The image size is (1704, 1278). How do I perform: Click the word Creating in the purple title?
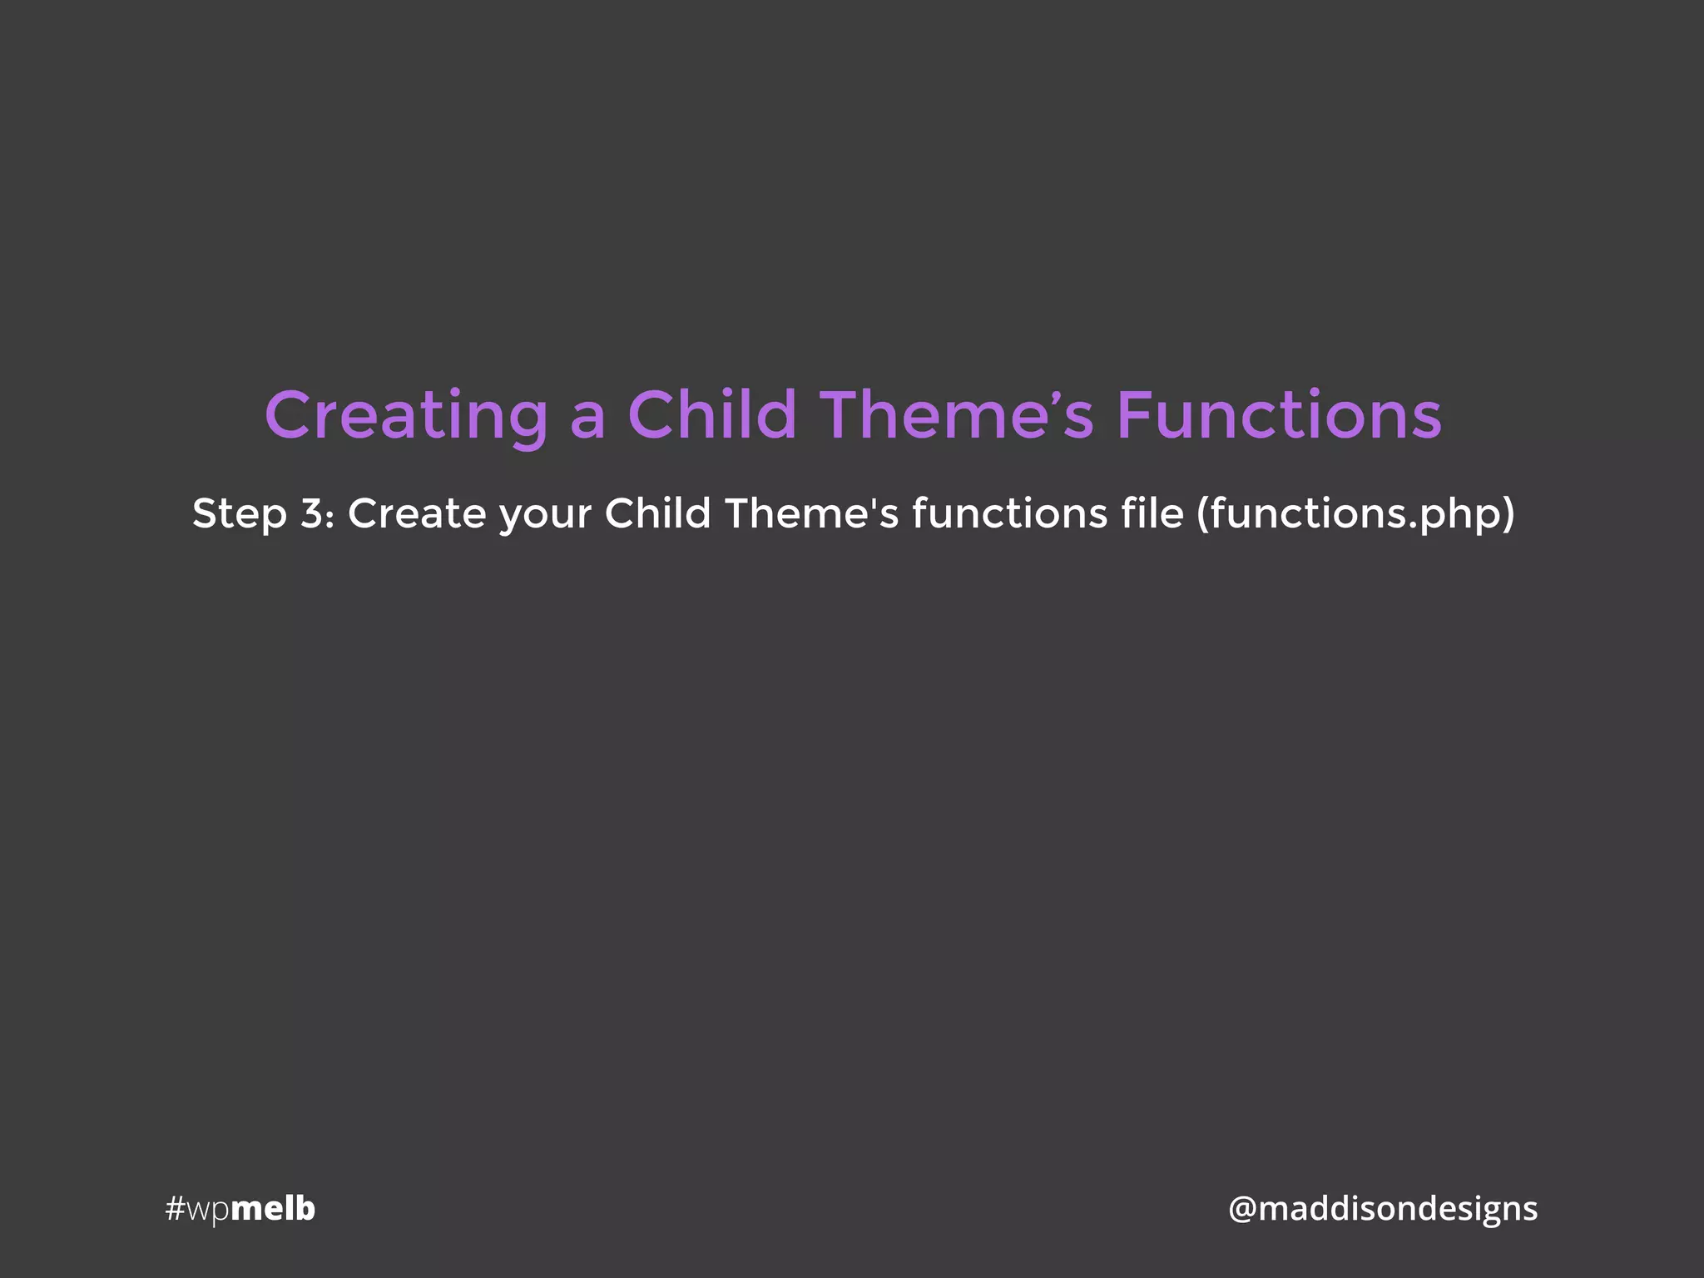406,416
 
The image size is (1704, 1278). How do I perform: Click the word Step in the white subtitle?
239,514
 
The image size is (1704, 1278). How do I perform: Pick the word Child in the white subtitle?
657,513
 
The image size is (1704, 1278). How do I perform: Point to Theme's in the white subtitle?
811,513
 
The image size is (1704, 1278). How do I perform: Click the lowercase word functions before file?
1009,513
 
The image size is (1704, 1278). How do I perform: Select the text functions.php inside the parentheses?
1355,514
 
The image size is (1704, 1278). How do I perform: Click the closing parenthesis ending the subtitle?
1508,514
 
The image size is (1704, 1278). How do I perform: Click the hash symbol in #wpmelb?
175,1209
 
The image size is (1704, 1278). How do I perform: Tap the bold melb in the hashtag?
273,1208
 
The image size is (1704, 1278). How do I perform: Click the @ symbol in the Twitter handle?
1242,1209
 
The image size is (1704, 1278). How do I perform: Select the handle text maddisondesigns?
1398,1209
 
